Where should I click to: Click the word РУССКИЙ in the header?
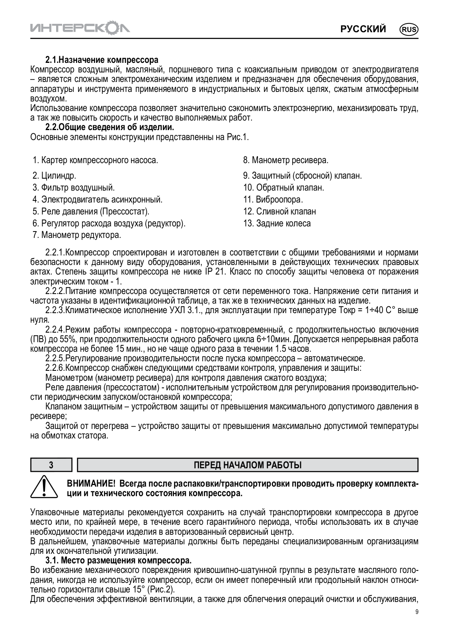click(x=363, y=29)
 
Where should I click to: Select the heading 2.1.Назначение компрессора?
click(x=102, y=61)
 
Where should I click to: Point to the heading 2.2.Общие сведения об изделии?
click(x=110, y=128)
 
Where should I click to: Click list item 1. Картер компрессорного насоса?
click(x=96, y=160)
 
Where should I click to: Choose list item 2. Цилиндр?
click(x=55, y=175)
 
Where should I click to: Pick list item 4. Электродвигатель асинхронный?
click(x=98, y=199)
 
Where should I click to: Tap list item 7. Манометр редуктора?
click(x=77, y=235)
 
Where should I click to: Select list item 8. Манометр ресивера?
click(x=286, y=160)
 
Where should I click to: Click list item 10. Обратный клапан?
click(x=284, y=187)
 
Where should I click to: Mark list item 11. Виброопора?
click(x=273, y=199)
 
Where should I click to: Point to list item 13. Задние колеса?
click(x=277, y=223)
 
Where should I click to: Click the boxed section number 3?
click(x=51, y=465)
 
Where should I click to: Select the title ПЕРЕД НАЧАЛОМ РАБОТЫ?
click(x=248, y=465)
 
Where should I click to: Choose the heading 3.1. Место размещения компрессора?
click(x=119, y=561)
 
